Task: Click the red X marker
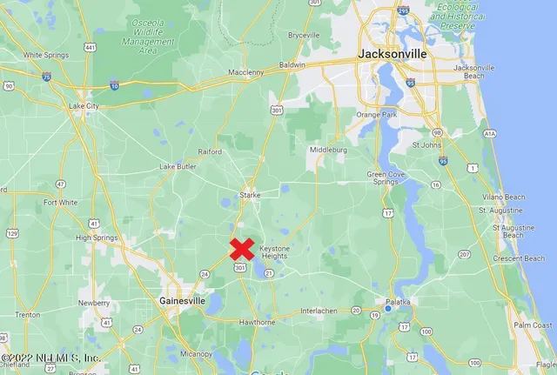tap(242, 249)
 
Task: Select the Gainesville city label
tap(182, 299)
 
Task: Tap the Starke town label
tap(251, 195)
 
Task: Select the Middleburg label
tap(327, 150)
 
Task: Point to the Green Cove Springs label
tap(383, 177)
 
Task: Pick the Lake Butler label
tap(178, 166)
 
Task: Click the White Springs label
tap(45, 55)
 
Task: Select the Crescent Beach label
tap(518, 258)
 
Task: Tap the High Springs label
tap(97, 238)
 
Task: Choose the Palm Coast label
tap(532, 325)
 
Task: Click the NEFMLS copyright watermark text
tap(50, 358)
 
